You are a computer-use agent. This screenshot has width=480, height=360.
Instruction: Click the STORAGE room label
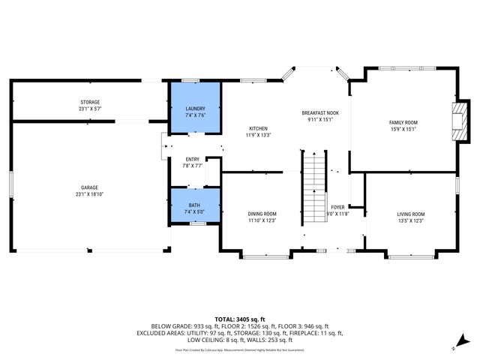90,102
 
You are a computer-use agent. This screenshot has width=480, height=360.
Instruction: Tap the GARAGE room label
90,187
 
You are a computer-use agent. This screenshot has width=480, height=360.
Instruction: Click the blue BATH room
195,206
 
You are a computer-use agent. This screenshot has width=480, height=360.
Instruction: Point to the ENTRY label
193,159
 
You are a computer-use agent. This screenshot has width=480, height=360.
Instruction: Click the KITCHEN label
258,129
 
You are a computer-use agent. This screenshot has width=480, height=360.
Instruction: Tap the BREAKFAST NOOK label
320,112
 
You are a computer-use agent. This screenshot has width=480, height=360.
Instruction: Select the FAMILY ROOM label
403,122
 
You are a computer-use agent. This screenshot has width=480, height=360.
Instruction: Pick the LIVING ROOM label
410,214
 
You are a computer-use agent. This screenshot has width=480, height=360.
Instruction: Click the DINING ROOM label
262,214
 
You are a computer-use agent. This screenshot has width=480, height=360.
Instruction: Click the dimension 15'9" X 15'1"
403,129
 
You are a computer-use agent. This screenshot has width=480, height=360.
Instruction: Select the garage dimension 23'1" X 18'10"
90,194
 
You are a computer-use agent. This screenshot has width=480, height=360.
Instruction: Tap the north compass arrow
454,347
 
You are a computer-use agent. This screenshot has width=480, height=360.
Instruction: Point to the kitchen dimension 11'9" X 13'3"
258,136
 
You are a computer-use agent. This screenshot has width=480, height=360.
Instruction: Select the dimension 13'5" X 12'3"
410,221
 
